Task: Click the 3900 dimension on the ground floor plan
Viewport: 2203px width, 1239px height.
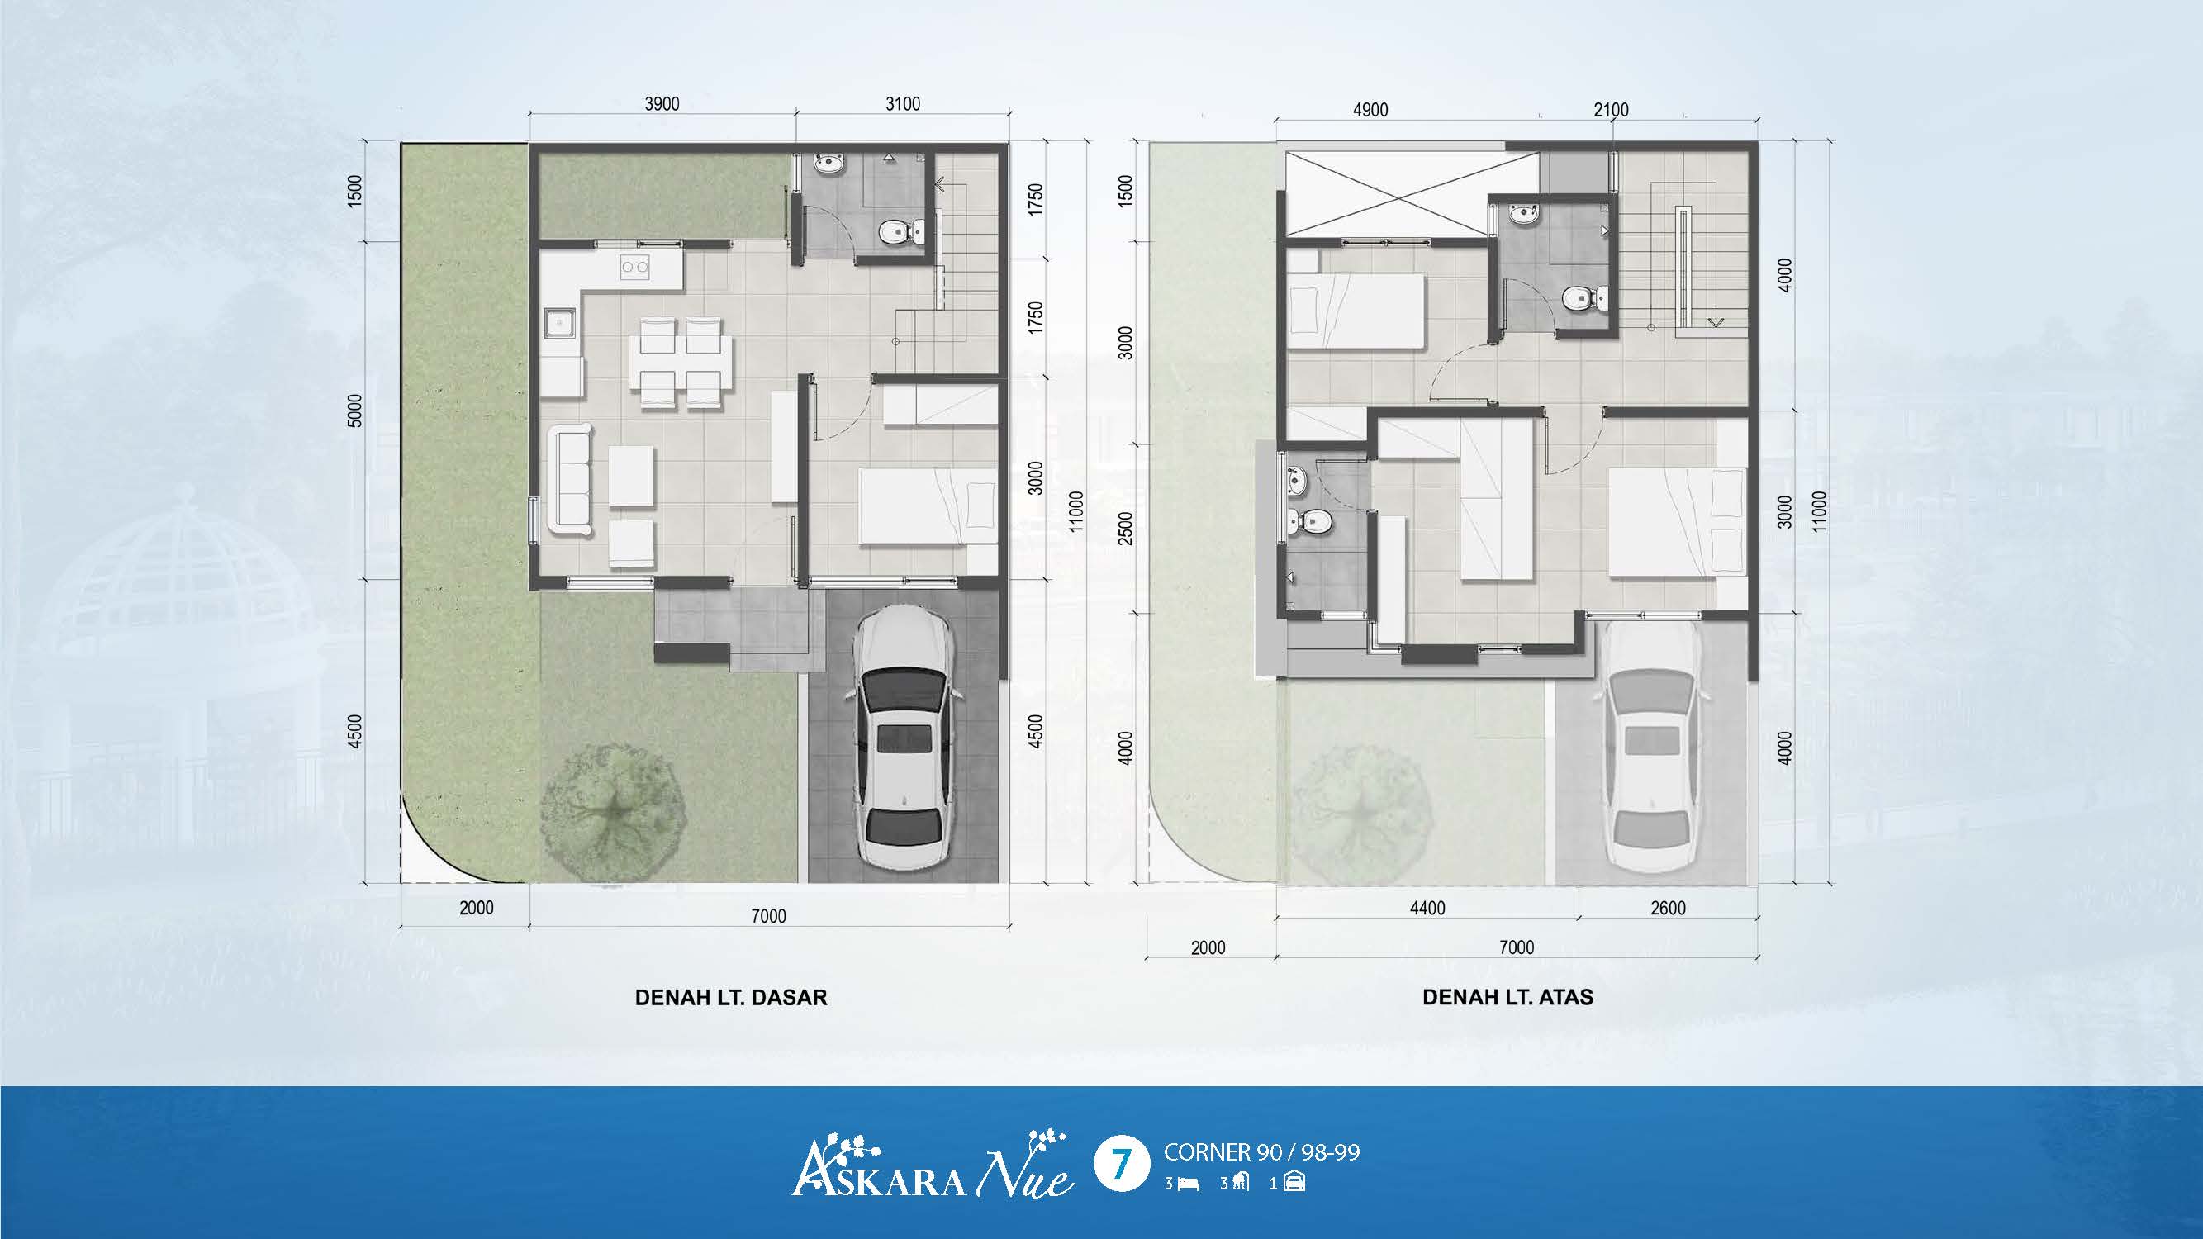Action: click(662, 103)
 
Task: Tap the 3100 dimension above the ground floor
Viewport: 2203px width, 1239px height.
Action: click(902, 103)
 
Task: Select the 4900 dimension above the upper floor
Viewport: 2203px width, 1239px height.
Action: click(1370, 110)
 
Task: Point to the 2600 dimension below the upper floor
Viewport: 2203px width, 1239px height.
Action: click(1668, 908)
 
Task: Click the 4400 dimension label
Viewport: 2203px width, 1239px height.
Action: click(1427, 908)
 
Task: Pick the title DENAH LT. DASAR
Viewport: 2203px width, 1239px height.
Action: click(731, 998)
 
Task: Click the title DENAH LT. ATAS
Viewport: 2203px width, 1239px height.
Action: click(1507, 997)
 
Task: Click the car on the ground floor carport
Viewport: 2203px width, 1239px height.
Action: click(904, 737)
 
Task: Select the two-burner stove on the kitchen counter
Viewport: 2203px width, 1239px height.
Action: click(634, 267)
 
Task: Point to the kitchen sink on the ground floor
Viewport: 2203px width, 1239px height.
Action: click(561, 323)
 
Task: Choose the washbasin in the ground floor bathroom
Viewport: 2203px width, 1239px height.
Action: click(828, 164)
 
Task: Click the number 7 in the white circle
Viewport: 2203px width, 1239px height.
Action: click(1120, 1164)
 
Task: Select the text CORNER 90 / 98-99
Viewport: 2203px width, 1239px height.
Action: click(1261, 1152)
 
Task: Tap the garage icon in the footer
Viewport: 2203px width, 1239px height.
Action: click(1294, 1184)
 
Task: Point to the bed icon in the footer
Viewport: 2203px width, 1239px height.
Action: click(1189, 1184)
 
